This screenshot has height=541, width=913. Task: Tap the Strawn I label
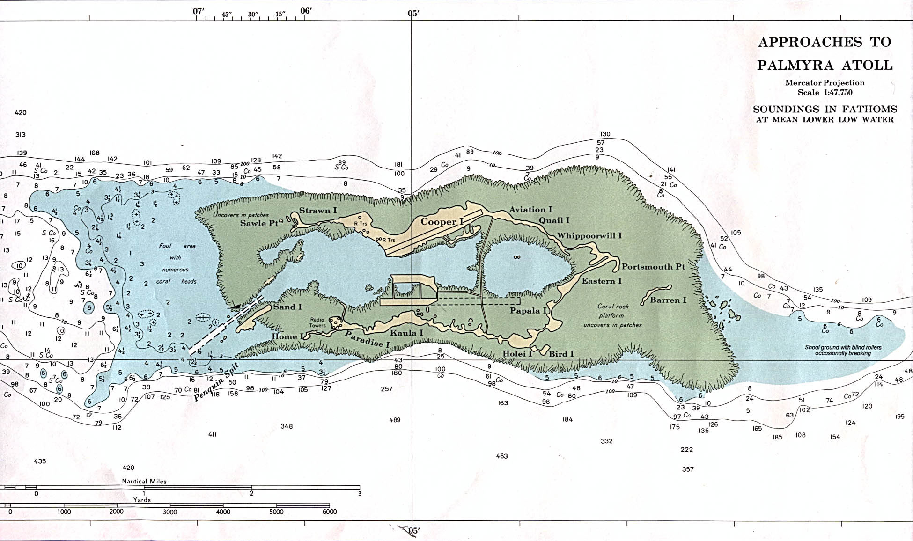318,211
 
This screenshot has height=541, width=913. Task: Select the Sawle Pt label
259,223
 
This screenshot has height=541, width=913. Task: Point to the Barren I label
668,300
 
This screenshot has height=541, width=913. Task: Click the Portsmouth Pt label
653,267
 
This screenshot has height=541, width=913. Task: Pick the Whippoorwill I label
589,236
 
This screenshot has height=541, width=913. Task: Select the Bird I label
561,354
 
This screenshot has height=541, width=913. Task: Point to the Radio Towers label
317,322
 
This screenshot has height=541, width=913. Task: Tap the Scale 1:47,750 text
825,92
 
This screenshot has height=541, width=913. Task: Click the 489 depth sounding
395,420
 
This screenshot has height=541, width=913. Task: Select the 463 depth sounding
501,456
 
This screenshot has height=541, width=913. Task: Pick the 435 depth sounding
40,461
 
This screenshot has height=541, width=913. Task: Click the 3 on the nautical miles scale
360,493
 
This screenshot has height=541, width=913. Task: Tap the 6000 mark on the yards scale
330,512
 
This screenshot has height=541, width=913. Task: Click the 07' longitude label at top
199,12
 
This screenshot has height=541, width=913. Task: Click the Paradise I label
368,340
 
